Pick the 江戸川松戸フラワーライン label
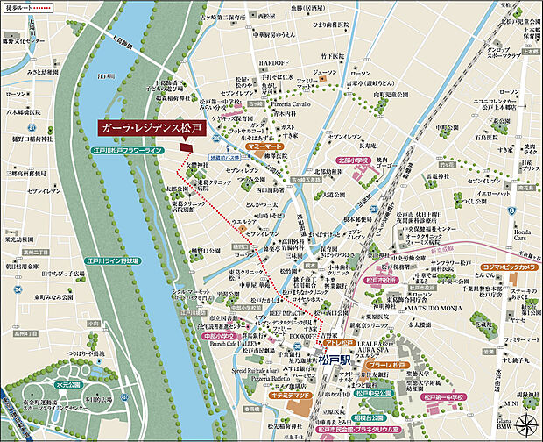pos(130,151)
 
